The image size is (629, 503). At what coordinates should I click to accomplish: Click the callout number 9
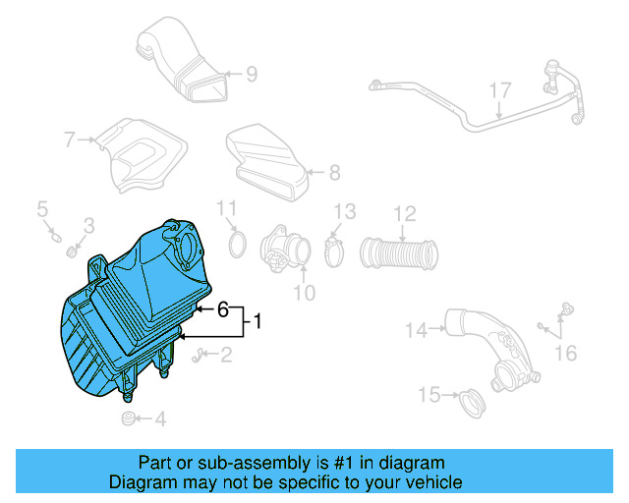[252, 74]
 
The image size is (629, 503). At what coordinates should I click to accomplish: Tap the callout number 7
[70, 140]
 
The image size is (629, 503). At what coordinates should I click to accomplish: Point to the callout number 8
[334, 173]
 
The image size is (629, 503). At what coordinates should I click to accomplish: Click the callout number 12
[405, 213]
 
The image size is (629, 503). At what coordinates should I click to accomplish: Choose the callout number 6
[223, 309]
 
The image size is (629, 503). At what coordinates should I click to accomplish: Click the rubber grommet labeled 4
[127, 419]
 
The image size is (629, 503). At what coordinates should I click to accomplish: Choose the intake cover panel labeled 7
[144, 155]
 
